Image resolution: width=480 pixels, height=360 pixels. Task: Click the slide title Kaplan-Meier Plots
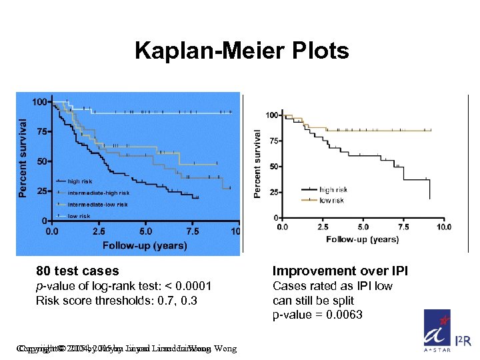pos(241,51)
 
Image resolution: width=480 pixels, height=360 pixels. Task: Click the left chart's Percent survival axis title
pos(23,158)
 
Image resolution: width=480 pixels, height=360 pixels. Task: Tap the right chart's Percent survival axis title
pos(258,163)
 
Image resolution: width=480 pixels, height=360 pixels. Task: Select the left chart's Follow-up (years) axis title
pos(145,245)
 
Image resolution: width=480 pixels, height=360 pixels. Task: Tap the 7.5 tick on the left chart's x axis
pos(192,231)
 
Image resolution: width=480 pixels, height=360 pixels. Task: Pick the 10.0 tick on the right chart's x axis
pos(443,227)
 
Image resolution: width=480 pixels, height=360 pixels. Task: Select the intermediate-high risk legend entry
pos(98,193)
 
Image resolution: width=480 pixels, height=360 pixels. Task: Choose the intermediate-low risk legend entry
pos(97,205)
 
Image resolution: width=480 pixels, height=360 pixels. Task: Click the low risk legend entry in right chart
pos(331,200)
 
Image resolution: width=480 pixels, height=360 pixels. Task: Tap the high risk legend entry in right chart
pos(333,190)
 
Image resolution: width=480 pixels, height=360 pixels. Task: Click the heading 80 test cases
pos(77,271)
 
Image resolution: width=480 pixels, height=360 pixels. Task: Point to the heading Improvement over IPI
pos(340,271)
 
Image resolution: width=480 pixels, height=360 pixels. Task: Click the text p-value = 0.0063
pos(317,315)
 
